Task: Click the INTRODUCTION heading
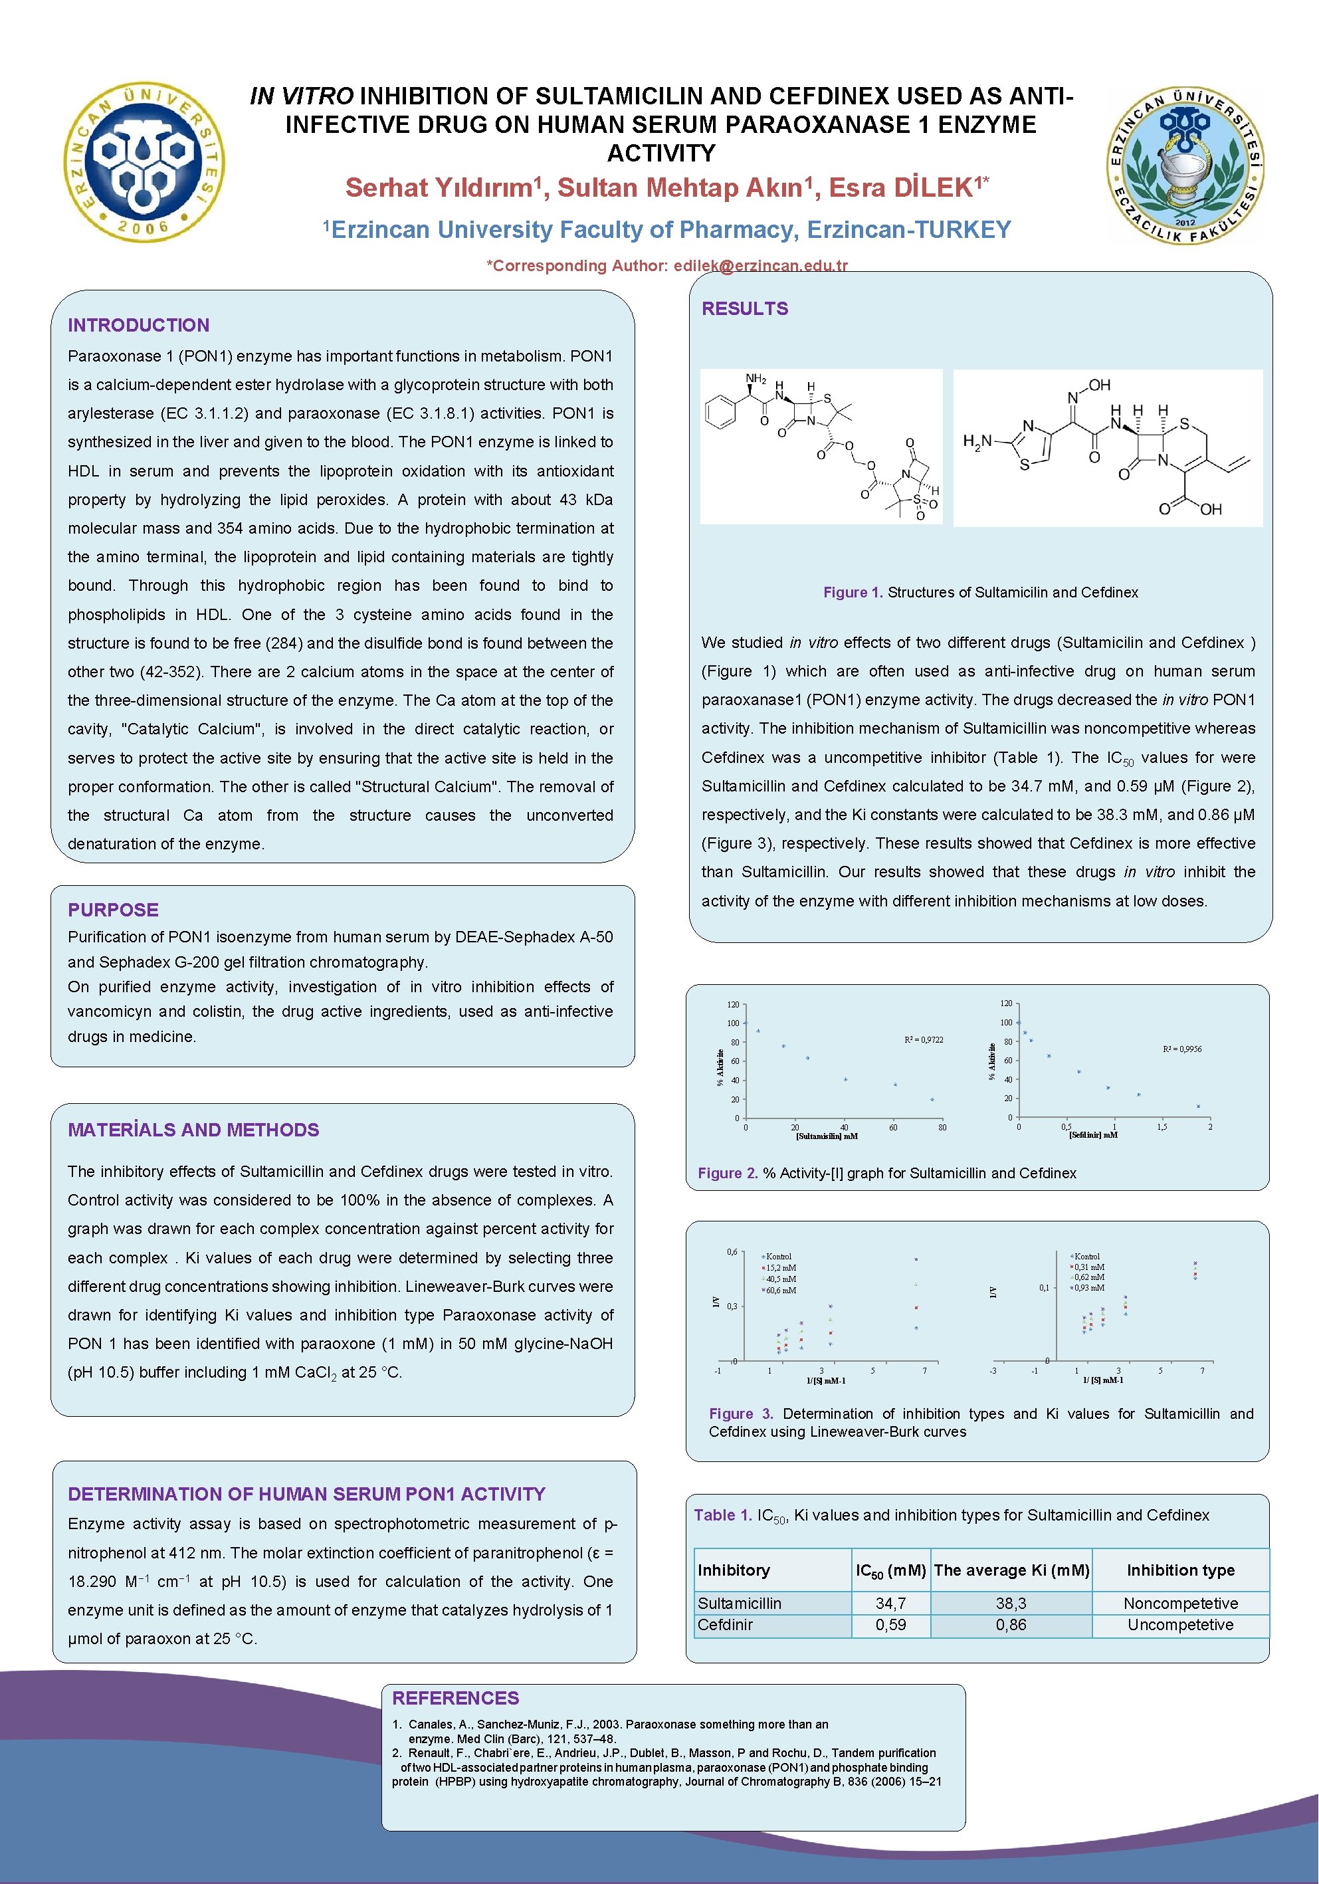139,325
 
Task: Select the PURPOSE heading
113,909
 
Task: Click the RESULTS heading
744,308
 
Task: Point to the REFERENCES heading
455,1698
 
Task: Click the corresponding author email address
760,265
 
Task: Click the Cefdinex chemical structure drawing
1108,447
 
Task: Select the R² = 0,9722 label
924,1039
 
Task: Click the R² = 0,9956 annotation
1182,1049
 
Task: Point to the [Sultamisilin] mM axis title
826,1136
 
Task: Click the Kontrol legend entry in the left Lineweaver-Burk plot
777,1256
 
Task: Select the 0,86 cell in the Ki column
1011,1624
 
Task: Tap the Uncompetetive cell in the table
1179,1624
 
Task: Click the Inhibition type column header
1179,1570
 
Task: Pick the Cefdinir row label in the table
724,1624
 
